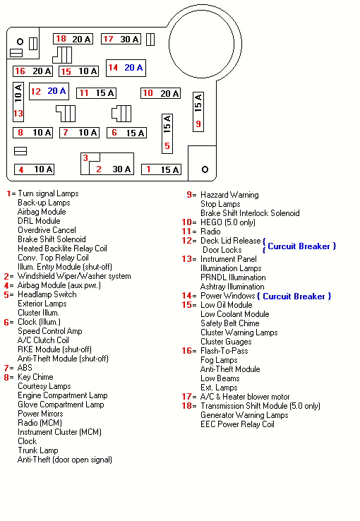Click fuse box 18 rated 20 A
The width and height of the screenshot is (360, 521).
(x=73, y=39)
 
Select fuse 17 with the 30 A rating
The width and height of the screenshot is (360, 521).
(x=121, y=39)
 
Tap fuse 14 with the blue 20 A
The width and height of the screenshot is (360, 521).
(x=126, y=68)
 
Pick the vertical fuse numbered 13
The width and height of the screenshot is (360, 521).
(x=18, y=102)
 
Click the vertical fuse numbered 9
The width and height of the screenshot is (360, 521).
(x=198, y=112)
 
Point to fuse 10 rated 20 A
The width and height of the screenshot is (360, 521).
(x=161, y=93)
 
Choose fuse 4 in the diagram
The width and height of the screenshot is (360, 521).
(x=34, y=169)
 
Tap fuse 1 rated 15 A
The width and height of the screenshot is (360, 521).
(x=162, y=169)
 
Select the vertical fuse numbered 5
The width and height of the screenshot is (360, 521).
(x=167, y=133)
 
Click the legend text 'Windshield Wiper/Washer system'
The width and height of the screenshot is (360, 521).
(x=74, y=276)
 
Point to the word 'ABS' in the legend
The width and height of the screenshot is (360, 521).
(x=25, y=368)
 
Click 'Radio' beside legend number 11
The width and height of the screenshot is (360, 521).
(x=210, y=232)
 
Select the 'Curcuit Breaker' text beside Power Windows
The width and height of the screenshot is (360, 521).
(x=294, y=297)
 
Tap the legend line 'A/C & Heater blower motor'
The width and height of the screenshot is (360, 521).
(x=245, y=397)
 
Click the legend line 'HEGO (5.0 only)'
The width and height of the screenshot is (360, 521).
(x=228, y=222)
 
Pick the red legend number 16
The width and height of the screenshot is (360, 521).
(x=186, y=351)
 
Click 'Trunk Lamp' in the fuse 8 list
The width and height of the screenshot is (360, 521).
(x=38, y=450)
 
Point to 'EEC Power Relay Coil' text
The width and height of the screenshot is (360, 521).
(x=237, y=424)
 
